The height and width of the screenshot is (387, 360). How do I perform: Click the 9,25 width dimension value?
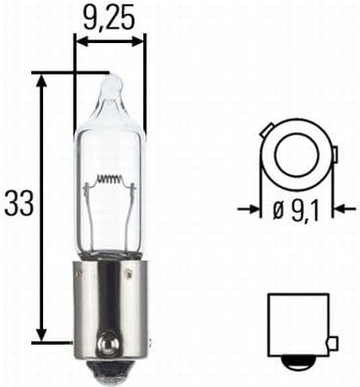pos(109,17)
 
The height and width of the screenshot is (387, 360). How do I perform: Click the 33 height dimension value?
pos(18,204)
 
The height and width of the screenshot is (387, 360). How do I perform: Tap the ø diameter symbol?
pos(283,209)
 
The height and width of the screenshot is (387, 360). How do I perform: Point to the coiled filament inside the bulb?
pos(110,181)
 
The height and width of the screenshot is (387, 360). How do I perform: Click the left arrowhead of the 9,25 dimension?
pos(81,41)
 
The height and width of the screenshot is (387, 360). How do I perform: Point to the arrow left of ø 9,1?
pos(252,209)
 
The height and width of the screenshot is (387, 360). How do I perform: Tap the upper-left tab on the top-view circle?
pos(272,127)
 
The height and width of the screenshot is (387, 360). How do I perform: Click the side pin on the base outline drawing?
pos(332,342)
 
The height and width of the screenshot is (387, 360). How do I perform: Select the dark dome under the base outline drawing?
pos(295,363)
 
